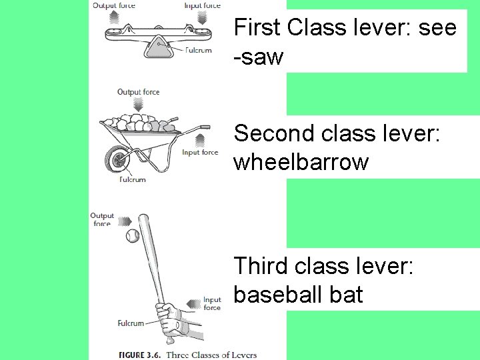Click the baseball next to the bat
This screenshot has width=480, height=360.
pyautogui.click(x=133, y=236)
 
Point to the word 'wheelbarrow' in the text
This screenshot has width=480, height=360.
pyautogui.click(x=300, y=162)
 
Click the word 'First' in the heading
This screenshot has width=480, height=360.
pyautogui.click(x=257, y=28)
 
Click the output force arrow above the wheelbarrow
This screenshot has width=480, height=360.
pyautogui.click(x=139, y=105)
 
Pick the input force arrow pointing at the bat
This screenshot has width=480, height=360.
pyautogui.click(x=194, y=304)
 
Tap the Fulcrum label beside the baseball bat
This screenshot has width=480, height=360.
pyautogui.click(x=131, y=323)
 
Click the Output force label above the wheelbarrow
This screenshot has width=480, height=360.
pyautogui.click(x=138, y=92)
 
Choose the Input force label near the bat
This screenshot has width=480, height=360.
pyautogui.click(x=212, y=303)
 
